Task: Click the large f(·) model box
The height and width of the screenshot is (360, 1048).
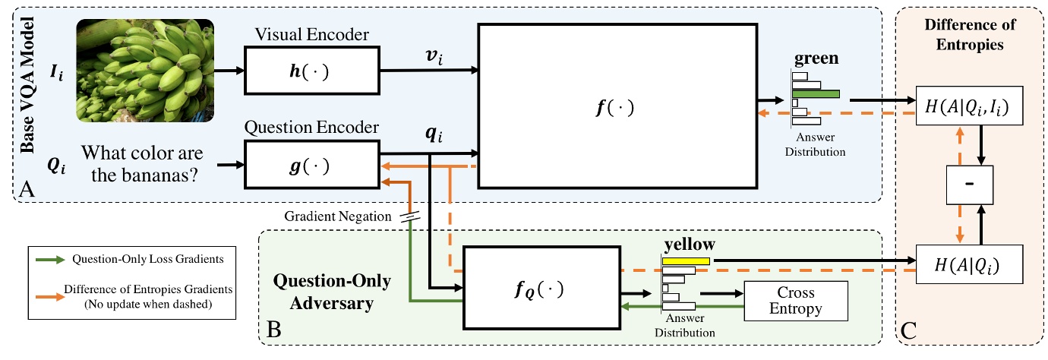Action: (x=617, y=106)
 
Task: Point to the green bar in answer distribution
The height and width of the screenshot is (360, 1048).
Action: (x=816, y=94)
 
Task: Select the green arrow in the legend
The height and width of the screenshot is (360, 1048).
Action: (x=49, y=259)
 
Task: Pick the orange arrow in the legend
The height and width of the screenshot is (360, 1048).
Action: (x=49, y=289)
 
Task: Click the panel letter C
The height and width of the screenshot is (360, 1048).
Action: (x=908, y=331)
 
